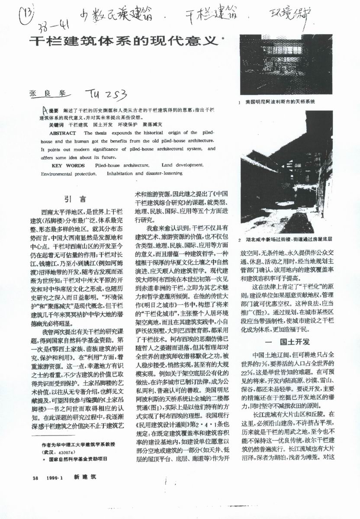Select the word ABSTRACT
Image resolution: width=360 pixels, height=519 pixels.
click(x=63, y=133)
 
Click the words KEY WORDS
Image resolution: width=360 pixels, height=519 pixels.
click(x=68, y=165)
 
